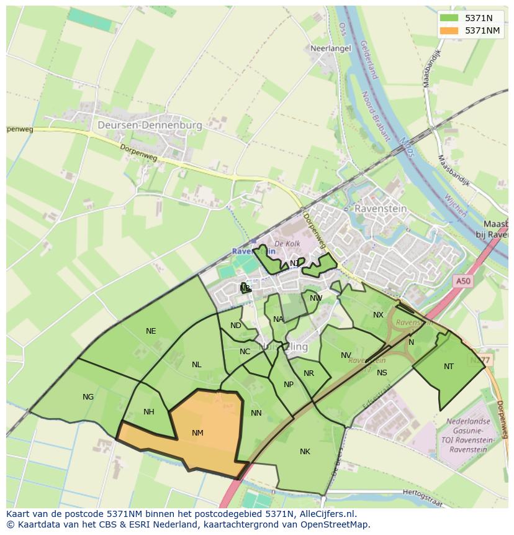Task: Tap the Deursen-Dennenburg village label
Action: point(150,125)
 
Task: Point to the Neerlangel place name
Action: point(331,48)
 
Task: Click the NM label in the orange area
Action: point(197,432)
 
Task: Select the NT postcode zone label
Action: point(448,366)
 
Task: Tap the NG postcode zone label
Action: point(88,396)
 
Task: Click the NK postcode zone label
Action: point(305,451)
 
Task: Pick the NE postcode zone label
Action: point(151,331)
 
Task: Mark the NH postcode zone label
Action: point(149,411)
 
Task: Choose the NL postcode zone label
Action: point(196,365)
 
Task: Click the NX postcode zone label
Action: point(378,314)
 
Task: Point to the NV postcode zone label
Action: point(346,355)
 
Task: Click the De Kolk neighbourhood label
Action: point(287,243)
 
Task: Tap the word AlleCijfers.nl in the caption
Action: point(334,514)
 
